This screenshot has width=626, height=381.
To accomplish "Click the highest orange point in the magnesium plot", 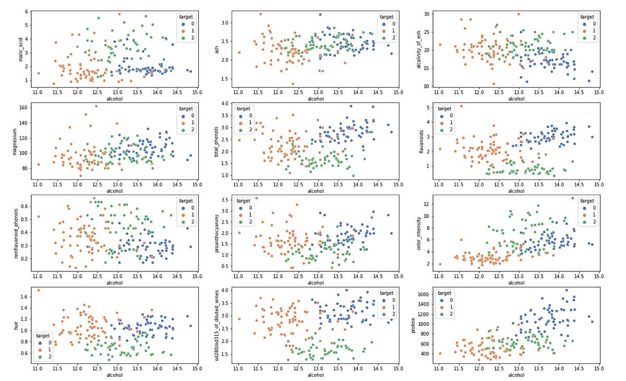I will (x=96, y=106).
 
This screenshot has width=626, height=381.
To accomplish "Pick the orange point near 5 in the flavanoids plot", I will (x=461, y=106).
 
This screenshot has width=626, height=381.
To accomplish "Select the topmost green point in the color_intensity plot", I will (x=572, y=198).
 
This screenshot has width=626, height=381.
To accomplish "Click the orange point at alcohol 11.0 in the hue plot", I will (x=39, y=290).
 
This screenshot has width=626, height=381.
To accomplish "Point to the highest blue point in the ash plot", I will (x=320, y=15).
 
